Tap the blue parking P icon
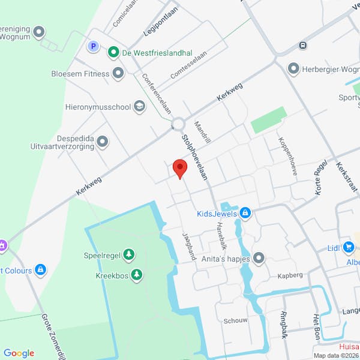pos(93,46)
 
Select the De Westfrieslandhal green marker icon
pos(113,53)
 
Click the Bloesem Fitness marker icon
pos(118,74)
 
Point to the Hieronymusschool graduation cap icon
pos(140,107)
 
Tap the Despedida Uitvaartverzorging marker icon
pos(103,142)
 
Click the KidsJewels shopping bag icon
pos(245,213)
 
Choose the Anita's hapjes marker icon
pos(259,258)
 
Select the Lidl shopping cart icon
pos(349,247)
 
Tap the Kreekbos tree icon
pos(137,275)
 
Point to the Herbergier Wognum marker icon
pos(293,69)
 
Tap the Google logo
pos(19,353)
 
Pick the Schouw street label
pos(235,320)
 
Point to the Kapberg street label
pos(290,277)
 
